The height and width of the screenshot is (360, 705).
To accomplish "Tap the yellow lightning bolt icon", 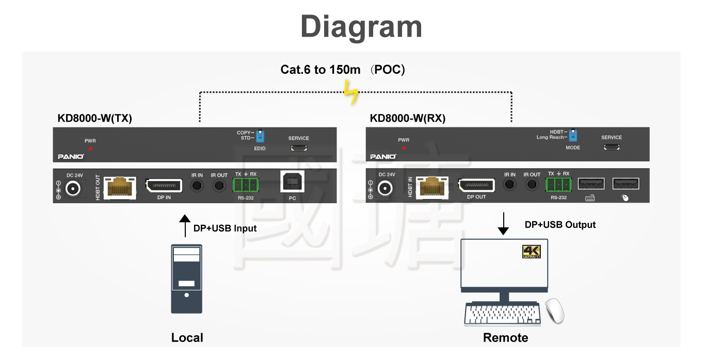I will click(x=352, y=94).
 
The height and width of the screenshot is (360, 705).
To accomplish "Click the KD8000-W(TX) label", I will click(x=95, y=118).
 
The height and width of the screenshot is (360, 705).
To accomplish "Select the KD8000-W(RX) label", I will click(x=408, y=118).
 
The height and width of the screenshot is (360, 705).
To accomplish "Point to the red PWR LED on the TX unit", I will click(x=90, y=149).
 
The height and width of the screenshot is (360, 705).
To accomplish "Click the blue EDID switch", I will click(x=260, y=136).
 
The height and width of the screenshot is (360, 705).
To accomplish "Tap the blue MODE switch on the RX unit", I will click(x=573, y=135).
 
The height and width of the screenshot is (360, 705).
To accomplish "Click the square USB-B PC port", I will click(x=292, y=182).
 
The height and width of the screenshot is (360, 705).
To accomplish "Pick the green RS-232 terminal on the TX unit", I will click(x=246, y=185).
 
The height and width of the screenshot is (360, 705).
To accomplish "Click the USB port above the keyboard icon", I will click(x=591, y=184).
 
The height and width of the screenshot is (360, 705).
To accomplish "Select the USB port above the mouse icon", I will click(x=626, y=184).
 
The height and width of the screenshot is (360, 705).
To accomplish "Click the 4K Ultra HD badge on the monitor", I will click(x=531, y=252).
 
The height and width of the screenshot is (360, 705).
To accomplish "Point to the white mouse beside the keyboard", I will click(x=555, y=310).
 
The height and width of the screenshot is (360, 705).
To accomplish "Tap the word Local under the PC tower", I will click(x=187, y=338).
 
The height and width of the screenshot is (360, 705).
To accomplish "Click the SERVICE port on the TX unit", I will click(x=298, y=148).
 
